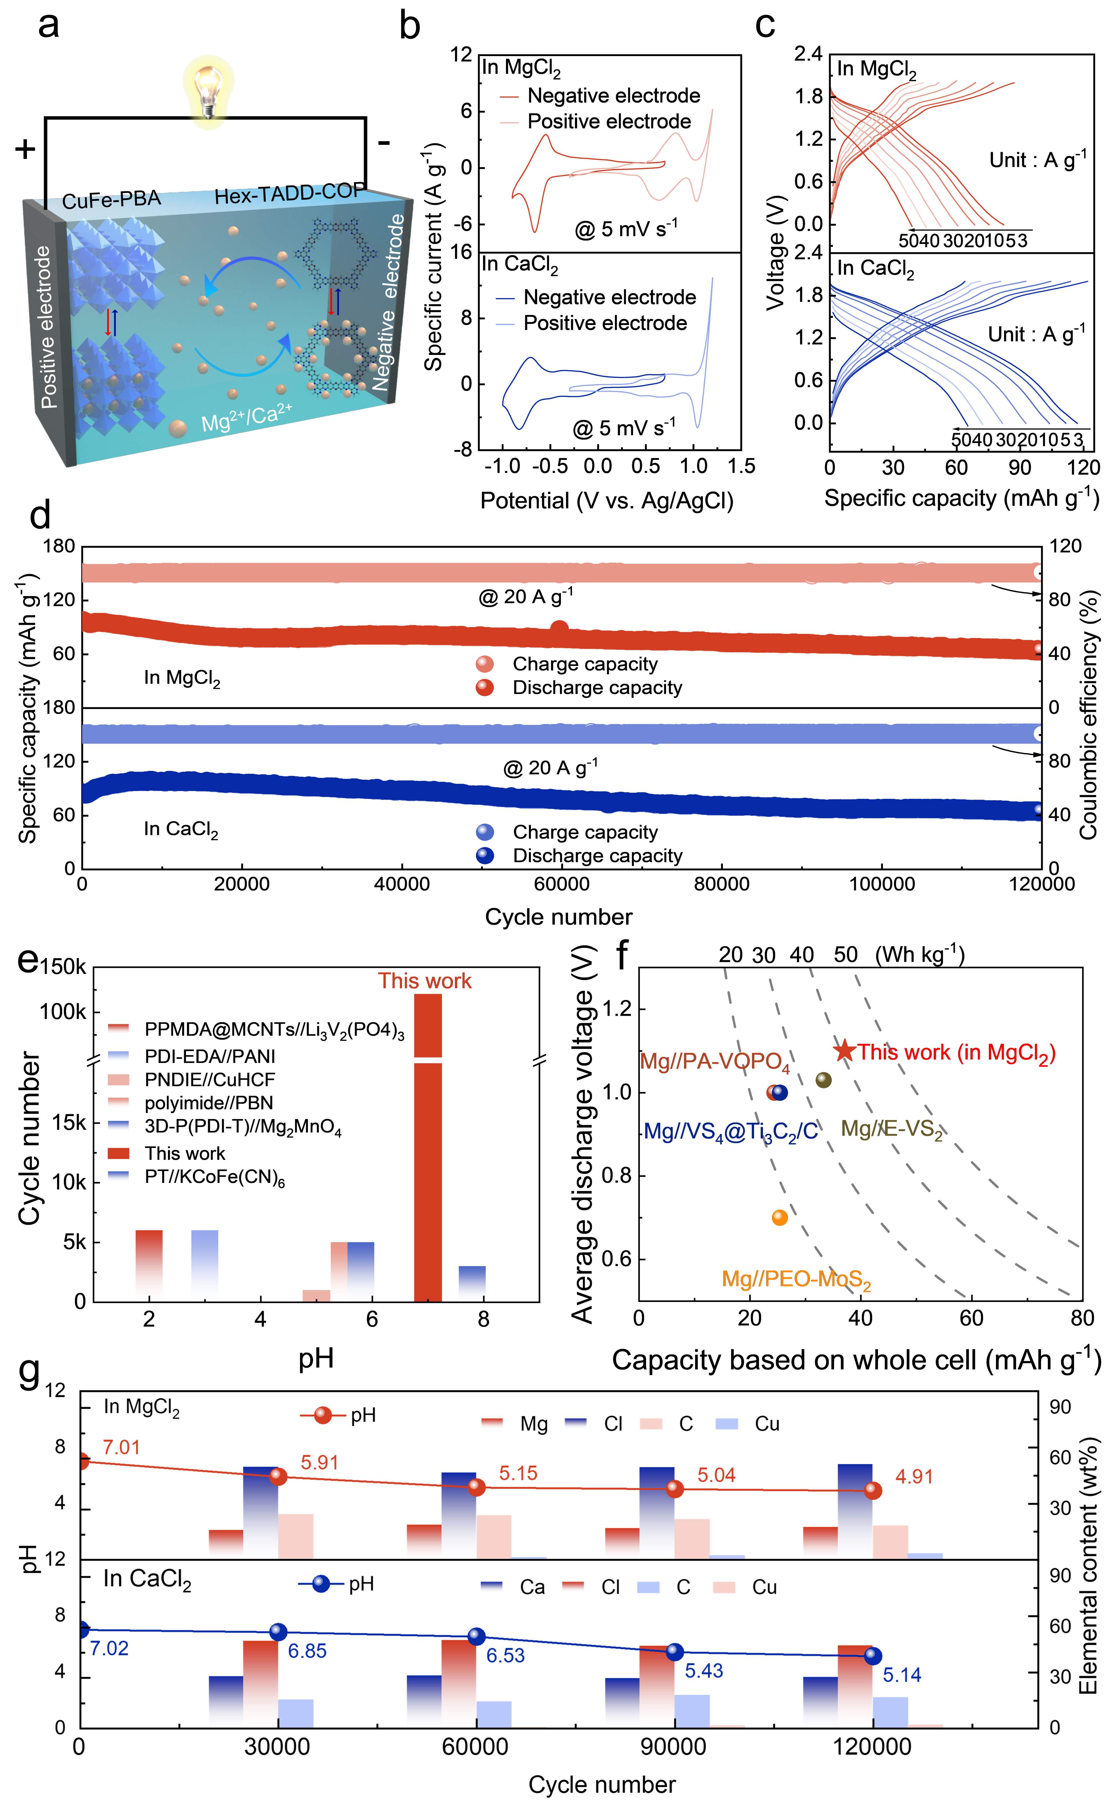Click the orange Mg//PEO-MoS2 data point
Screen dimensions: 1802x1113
tap(780, 1218)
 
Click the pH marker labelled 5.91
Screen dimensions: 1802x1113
tap(278, 1476)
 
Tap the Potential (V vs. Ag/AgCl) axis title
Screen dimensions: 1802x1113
tap(606, 501)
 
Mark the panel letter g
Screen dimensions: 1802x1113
tap(29, 1371)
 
